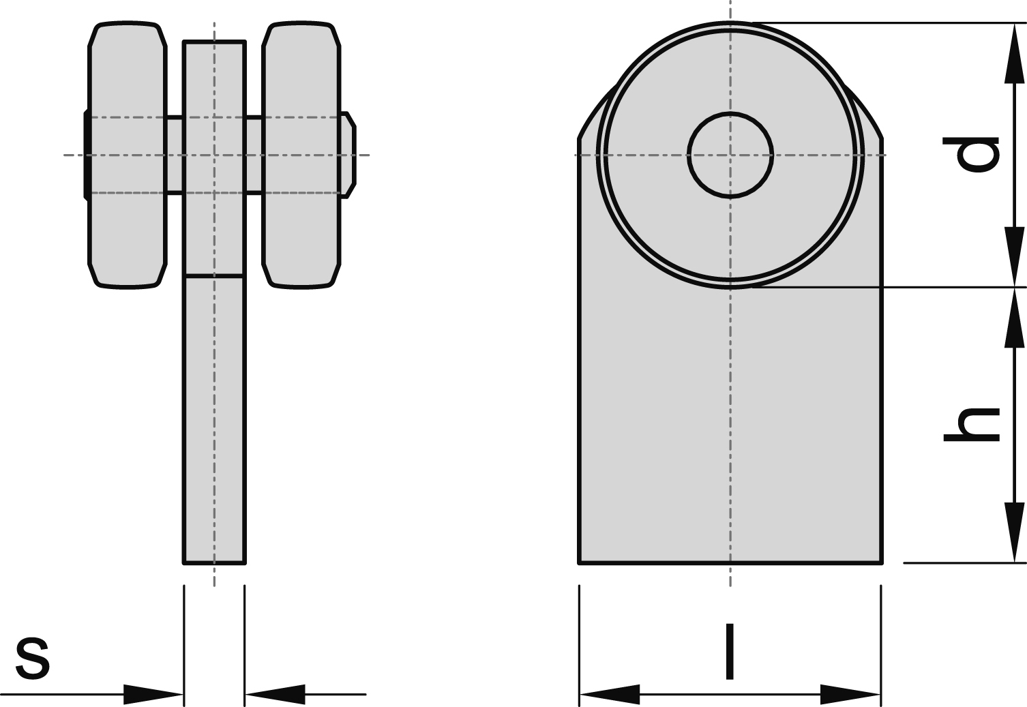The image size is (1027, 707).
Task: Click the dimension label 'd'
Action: point(971,154)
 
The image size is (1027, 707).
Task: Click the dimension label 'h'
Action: point(971,424)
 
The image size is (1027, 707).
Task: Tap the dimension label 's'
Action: point(33,658)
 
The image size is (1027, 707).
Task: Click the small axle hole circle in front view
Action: point(730,155)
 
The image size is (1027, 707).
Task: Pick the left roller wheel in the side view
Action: point(128,155)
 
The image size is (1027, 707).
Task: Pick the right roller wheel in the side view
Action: point(301,155)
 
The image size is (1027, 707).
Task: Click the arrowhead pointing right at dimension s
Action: point(154,695)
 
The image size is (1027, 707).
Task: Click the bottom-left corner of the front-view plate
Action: point(580,562)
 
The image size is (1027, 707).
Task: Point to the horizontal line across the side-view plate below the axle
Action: point(214,276)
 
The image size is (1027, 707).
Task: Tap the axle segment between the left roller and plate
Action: point(175,155)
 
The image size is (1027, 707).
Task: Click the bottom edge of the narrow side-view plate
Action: point(214,563)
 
